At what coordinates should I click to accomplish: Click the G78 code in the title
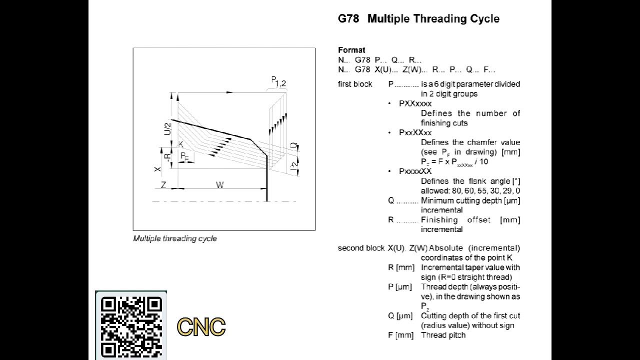[x=348, y=19]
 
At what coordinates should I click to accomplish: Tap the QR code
[x=131, y=325]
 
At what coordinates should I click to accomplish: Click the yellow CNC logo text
[x=201, y=327]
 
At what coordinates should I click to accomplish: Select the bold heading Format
[x=351, y=50]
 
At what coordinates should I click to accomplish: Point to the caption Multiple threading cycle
[x=174, y=238]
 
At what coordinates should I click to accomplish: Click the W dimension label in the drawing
[x=219, y=185]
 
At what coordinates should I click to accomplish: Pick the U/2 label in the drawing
[x=167, y=129]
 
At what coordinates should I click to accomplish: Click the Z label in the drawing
[x=163, y=185]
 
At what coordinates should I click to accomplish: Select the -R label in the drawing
[x=168, y=156]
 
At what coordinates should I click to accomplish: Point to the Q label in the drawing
[x=294, y=146]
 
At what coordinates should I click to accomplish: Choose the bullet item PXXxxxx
[x=415, y=103]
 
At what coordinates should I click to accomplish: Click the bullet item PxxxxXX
[x=415, y=171]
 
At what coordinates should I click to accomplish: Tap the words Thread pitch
[x=443, y=335]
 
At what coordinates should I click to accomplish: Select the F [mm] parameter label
[x=400, y=335]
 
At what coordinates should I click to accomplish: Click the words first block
[x=355, y=84]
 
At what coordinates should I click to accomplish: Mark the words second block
[x=361, y=248]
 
